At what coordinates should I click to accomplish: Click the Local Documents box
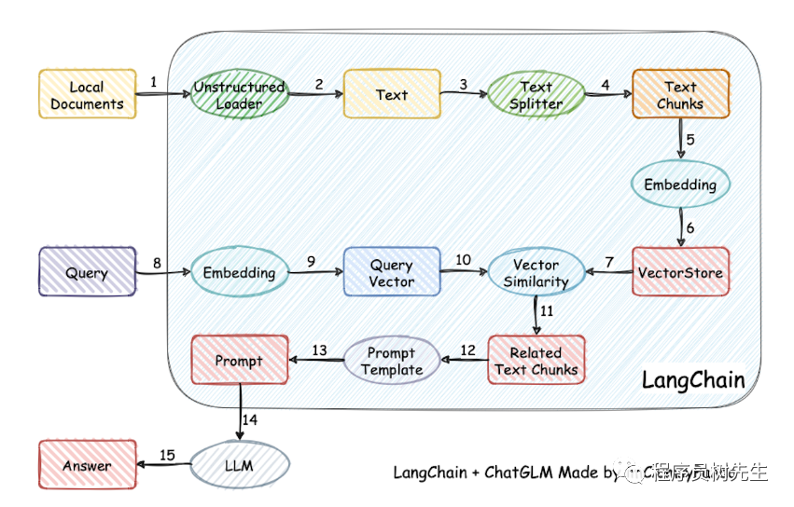[87, 94]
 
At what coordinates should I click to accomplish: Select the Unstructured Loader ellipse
[239, 94]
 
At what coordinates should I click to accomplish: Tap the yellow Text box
[391, 94]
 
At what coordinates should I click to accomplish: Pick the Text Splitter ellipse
[536, 94]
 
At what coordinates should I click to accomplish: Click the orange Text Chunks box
[679, 94]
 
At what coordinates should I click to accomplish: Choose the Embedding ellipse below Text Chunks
[679, 185]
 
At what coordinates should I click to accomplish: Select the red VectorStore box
[679, 273]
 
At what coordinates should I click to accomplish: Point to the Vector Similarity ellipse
[536, 273]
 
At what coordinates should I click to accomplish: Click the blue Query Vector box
[391, 273]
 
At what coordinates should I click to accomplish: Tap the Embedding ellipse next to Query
[239, 273]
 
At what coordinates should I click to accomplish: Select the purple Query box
[87, 273]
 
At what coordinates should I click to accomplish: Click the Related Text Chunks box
[536, 361]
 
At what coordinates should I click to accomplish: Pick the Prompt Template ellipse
[391, 361]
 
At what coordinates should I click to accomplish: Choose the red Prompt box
[239, 361]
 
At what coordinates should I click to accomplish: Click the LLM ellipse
[239, 465]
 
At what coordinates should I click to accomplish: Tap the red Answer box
[87, 465]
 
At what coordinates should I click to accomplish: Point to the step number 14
[250, 420]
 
